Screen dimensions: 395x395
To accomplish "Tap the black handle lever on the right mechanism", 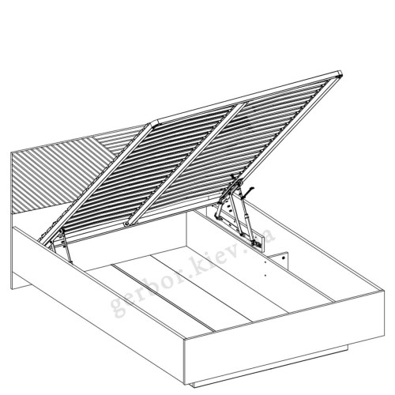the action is click(x=248, y=191).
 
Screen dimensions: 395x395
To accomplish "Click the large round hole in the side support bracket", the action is click(x=284, y=258).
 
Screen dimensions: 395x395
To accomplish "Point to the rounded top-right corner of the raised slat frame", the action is click(x=340, y=73).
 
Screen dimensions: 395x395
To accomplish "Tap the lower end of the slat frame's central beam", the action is click(x=128, y=224).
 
